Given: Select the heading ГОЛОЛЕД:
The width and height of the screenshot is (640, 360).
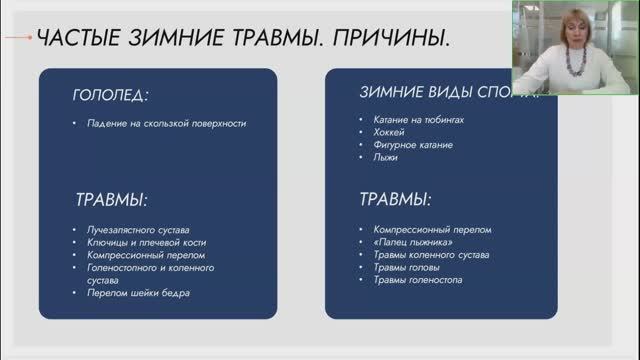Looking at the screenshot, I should click(110, 96).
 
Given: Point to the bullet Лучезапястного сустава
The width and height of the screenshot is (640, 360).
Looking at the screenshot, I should click(137, 230).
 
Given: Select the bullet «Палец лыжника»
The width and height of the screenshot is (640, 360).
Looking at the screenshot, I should click(408, 242).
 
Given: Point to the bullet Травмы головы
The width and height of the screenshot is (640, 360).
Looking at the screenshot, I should click(405, 268).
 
